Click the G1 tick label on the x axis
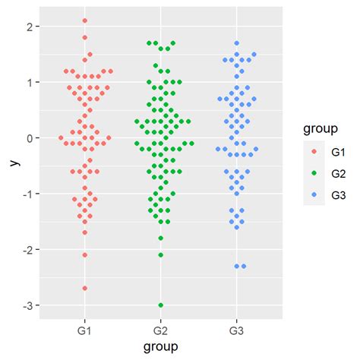tap(84, 332)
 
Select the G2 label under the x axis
tap(161, 332)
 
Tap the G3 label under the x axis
tap(237, 332)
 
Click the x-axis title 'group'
tap(161, 347)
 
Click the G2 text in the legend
tap(338, 173)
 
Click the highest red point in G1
tap(84, 21)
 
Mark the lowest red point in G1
tap(84, 288)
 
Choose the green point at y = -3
tap(161, 305)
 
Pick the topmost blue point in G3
tap(237, 43)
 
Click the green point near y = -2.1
tap(161, 254)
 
